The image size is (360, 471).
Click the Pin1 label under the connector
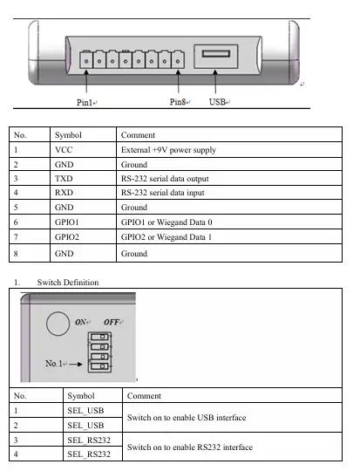click(x=85, y=102)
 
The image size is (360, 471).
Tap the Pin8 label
click(x=178, y=102)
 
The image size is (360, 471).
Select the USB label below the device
click(x=217, y=102)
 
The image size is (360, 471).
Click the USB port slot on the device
click(x=216, y=54)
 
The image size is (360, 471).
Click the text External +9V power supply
click(x=168, y=150)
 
